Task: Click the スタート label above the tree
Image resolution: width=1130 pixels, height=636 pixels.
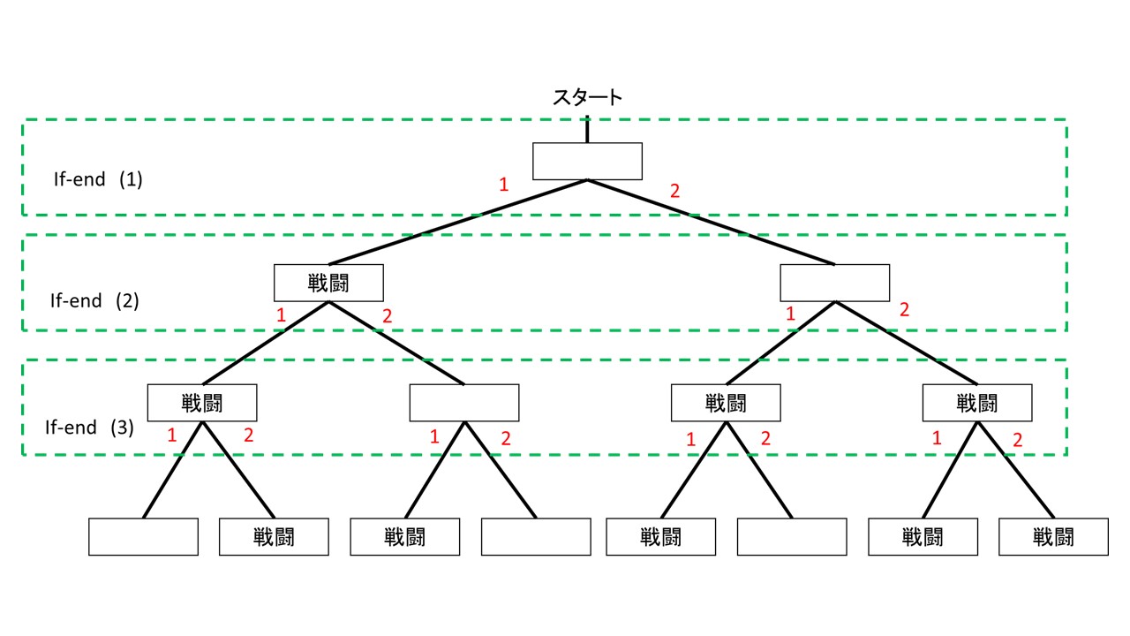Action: [587, 97]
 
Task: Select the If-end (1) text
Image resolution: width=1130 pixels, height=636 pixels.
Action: [98, 179]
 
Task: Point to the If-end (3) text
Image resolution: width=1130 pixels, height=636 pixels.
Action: [90, 428]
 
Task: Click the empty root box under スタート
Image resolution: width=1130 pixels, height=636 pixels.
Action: [587, 161]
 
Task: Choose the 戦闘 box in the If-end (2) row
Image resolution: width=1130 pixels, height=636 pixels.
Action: [328, 283]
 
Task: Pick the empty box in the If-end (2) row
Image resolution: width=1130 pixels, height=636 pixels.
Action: [834, 283]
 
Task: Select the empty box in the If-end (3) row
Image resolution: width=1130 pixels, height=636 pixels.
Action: [464, 403]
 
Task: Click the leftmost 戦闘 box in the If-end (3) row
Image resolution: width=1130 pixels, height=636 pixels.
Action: [202, 403]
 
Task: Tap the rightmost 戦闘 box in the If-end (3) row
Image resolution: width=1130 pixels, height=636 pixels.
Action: [977, 403]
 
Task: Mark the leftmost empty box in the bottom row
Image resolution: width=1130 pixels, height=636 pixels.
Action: [143, 536]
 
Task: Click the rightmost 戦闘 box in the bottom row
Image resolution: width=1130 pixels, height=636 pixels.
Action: [1053, 536]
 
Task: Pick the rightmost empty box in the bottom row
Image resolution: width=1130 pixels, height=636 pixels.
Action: [791, 536]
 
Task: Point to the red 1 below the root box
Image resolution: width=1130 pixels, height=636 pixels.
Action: [504, 185]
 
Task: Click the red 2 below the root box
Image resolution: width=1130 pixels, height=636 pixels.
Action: [675, 191]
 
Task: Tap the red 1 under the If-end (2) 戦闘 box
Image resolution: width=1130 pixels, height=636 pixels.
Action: [281, 315]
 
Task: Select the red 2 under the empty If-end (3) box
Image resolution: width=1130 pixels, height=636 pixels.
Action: [506, 437]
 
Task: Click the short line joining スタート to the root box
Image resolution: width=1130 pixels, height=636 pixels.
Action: [587, 128]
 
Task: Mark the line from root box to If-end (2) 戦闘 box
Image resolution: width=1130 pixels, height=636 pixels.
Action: [459, 222]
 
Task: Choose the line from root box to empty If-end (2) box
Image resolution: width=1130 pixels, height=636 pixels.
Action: [711, 222]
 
